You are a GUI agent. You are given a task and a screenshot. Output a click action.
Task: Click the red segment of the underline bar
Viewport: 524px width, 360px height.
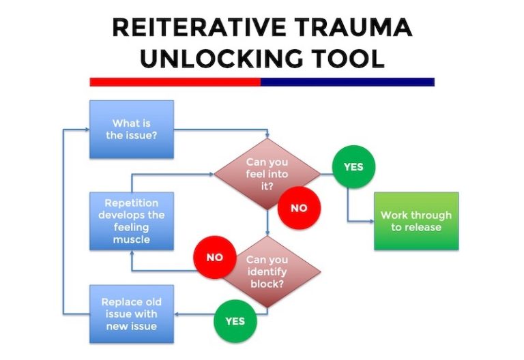pos(175,82)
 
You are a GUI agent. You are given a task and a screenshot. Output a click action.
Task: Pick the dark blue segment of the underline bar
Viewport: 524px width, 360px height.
pos(347,82)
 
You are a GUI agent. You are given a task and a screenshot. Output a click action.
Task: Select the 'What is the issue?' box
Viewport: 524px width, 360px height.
pos(132,130)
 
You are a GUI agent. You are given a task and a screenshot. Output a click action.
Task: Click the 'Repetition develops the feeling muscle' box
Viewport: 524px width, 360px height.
pos(132,221)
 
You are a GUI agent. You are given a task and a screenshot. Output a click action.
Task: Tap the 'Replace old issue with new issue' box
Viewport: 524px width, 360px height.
pos(132,314)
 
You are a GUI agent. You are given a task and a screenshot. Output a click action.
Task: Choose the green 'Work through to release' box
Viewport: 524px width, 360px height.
pos(416,221)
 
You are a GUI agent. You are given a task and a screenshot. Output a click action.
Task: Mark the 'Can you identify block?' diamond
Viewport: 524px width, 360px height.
pos(267,270)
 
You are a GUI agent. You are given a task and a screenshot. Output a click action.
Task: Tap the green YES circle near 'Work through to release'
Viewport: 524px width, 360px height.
pos(353,166)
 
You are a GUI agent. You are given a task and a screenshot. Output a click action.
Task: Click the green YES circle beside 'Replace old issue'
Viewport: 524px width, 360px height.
pos(235,320)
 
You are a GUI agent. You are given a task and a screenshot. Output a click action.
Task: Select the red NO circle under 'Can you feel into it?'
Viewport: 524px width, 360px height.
pos(299,208)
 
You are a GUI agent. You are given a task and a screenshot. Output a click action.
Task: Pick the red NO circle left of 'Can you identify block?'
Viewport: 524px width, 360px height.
pos(215,258)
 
